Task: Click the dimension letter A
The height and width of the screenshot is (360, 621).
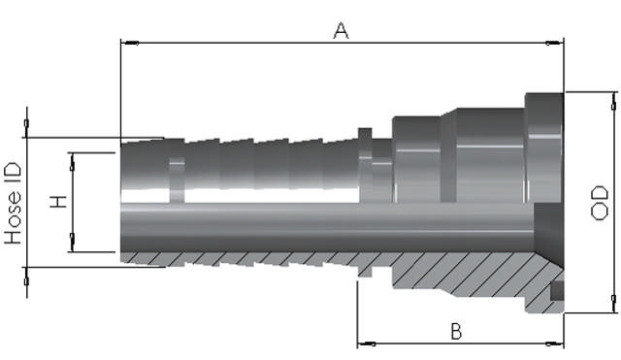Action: coord(341,30)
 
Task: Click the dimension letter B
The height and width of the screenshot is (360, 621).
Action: coord(456,330)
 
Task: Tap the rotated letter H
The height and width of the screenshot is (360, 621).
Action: coord(59,202)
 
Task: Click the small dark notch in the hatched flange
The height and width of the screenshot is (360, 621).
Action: coord(556,290)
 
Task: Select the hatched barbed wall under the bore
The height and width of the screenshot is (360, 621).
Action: coord(243,259)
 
